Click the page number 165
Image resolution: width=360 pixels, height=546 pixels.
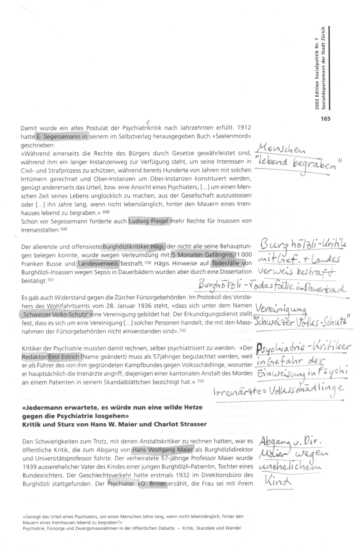point(325,119)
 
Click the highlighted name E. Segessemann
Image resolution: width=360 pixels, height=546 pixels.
point(61,137)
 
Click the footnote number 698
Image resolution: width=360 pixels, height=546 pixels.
point(106,212)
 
